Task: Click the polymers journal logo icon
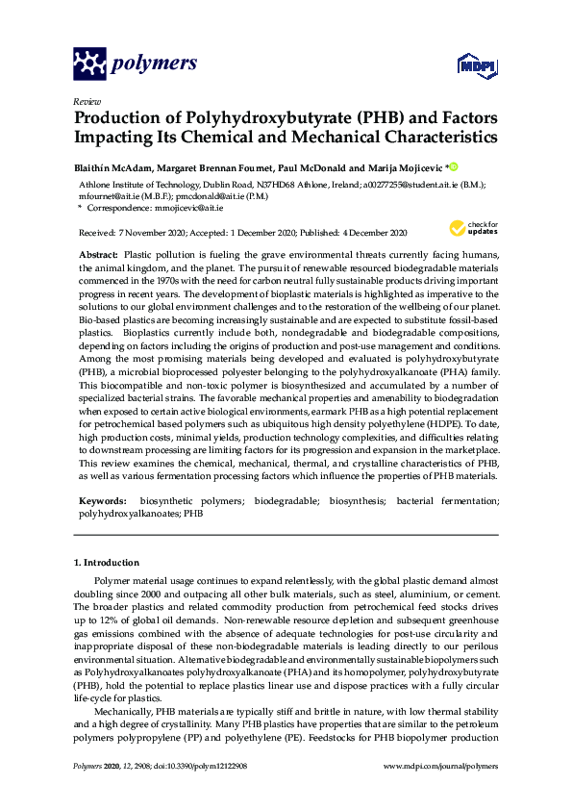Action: click(89, 64)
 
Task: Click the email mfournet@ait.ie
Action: click(117, 195)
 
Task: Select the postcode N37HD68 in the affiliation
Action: click(259, 184)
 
